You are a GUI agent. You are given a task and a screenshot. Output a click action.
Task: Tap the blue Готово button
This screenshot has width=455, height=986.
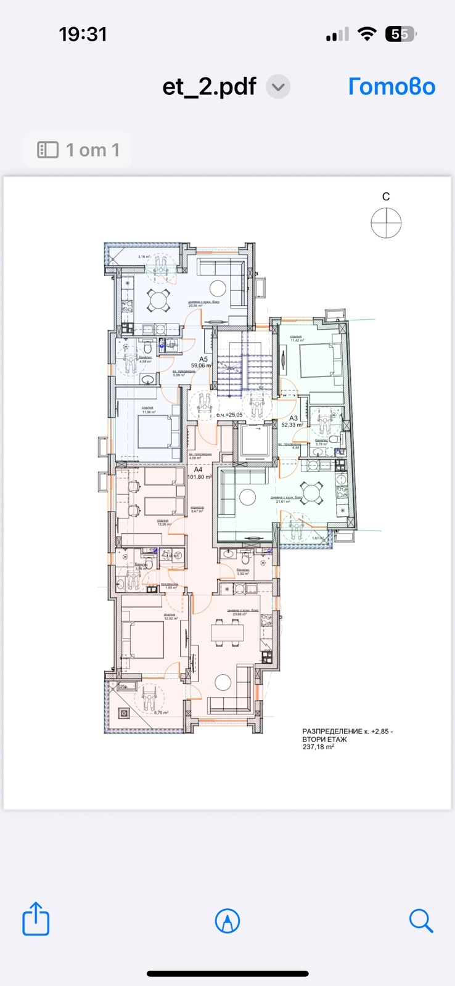(x=391, y=87)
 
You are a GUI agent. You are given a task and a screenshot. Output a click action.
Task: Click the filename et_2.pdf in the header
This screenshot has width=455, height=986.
(x=209, y=87)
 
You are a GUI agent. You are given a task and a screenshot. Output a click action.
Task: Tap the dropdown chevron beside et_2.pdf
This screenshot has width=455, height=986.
(x=278, y=87)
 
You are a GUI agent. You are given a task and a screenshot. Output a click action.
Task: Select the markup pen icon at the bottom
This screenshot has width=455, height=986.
(x=227, y=921)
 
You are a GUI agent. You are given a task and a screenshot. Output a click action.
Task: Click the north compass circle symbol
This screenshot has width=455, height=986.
(x=386, y=222)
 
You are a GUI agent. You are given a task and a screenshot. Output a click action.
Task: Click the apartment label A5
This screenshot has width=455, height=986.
(x=203, y=359)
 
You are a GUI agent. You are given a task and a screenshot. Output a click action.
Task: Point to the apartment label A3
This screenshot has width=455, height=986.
(x=293, y=418)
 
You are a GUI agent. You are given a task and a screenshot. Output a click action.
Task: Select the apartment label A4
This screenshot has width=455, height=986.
(x=199, y=470)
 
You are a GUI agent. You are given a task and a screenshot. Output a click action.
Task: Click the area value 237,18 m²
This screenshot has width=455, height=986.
(x=318, y=747)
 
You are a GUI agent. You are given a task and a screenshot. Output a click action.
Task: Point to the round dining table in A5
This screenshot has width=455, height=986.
(x=158, y=300)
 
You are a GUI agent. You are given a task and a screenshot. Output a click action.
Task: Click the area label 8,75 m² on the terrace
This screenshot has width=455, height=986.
(x=162, y=713)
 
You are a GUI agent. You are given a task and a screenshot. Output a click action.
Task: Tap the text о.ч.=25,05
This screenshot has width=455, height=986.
(x=229, y=415)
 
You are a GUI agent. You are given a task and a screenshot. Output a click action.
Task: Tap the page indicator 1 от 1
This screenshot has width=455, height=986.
(x=78, y=150)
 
